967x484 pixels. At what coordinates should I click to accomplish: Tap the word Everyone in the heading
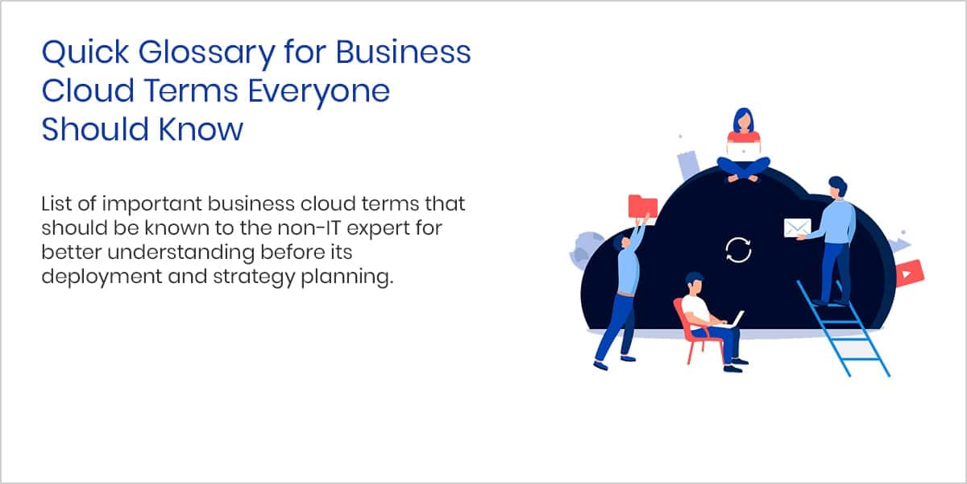(x=318, y=92)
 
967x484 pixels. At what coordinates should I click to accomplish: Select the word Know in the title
(x=201, y=129)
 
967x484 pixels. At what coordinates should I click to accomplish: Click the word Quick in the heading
(x=85, y=52)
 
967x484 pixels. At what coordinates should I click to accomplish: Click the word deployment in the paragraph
(x=102, y=277)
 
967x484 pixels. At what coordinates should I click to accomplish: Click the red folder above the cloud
(x=643, y=207)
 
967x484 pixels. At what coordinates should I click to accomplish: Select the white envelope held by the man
(x=797, y=227)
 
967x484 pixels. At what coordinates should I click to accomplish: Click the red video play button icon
(x=910, y=273)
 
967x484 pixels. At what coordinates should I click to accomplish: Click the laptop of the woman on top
(x=744, y=151)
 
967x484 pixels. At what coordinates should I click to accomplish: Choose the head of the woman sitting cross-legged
(x=743, y=120)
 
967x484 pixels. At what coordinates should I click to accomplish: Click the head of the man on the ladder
(x=838, y=187)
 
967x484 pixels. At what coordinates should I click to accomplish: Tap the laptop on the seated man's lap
(x=734, y=319)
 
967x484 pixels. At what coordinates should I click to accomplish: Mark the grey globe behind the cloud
(x=585, y=250)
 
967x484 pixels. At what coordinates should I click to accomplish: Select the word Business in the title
(x=403, y=52)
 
